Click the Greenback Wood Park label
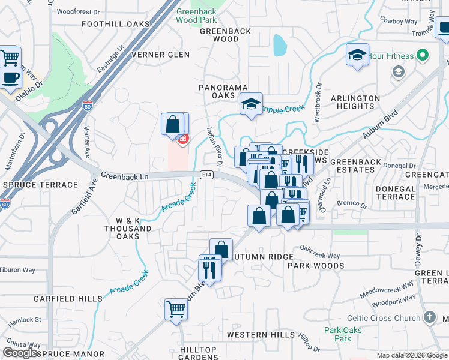coord(196,16)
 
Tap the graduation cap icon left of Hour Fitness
coord(357,55)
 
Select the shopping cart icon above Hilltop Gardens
coord(176,310)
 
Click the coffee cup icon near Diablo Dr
coord(10,77)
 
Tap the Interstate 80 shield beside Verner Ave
coord(88,105)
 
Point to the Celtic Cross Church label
coord(384,319)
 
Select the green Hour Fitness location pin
coord(422,56)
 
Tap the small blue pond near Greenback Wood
coord(279,44)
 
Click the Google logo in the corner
coord(20,353)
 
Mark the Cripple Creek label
coord(285,108)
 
